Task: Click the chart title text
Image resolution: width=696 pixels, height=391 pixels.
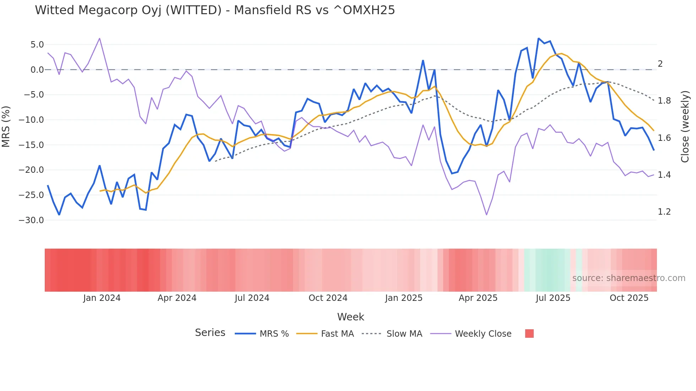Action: [x=215, y=10]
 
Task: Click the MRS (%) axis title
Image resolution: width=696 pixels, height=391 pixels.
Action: [x=6, y=126]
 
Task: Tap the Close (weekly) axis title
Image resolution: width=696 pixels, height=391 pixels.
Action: [x=685, y=126]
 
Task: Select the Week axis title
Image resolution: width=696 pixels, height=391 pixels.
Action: [x=350, y=317]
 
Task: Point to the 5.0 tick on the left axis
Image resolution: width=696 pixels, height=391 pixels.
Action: [x=37, y=45]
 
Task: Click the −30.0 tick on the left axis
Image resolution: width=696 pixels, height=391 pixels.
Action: [x=31, y=220]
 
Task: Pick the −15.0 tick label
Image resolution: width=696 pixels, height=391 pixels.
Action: [x=31, y=145]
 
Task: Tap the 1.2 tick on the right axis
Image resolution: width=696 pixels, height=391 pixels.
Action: [x=664, y=212]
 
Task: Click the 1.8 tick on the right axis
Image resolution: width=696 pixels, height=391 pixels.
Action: [x=664, y=101]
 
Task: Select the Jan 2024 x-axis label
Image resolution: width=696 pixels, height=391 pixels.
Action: [x=102, y=298]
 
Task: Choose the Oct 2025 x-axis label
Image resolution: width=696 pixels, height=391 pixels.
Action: [x=629, y=298]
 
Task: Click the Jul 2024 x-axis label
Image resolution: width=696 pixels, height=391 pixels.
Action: [x=252, y=298]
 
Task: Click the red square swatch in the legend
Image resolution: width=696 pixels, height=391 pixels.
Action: [x=529, y=334]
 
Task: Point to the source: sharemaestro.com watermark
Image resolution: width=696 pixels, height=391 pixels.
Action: [x=629, y=278]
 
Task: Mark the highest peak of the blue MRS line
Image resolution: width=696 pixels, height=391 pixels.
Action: [x=538, y=38]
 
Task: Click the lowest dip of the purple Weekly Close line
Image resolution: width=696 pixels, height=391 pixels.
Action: [x=486, y=215]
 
